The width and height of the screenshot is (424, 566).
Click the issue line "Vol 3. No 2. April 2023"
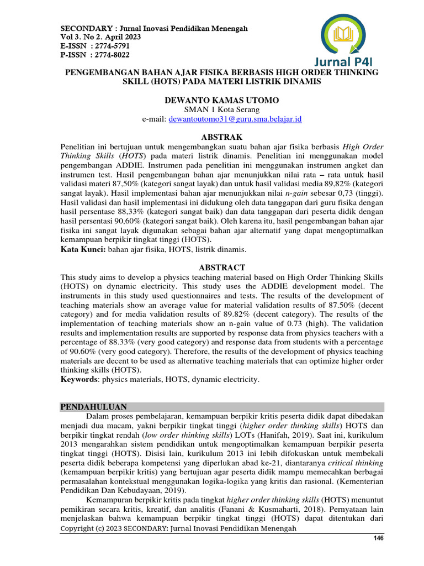pyautogui.click(x=100, y=37)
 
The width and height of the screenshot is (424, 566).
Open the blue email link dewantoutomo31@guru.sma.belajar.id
pyautogui.click(x=235, y=119)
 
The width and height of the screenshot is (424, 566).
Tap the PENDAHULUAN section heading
pyautogui.click(x=93, y=406)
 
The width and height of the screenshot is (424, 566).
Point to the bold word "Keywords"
pyautogui.click(x=79, y=380)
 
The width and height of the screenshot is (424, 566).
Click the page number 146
pyautogui.click(x=378, y=538)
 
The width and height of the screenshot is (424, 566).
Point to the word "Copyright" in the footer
pyautogui.click(x=77, y=528)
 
